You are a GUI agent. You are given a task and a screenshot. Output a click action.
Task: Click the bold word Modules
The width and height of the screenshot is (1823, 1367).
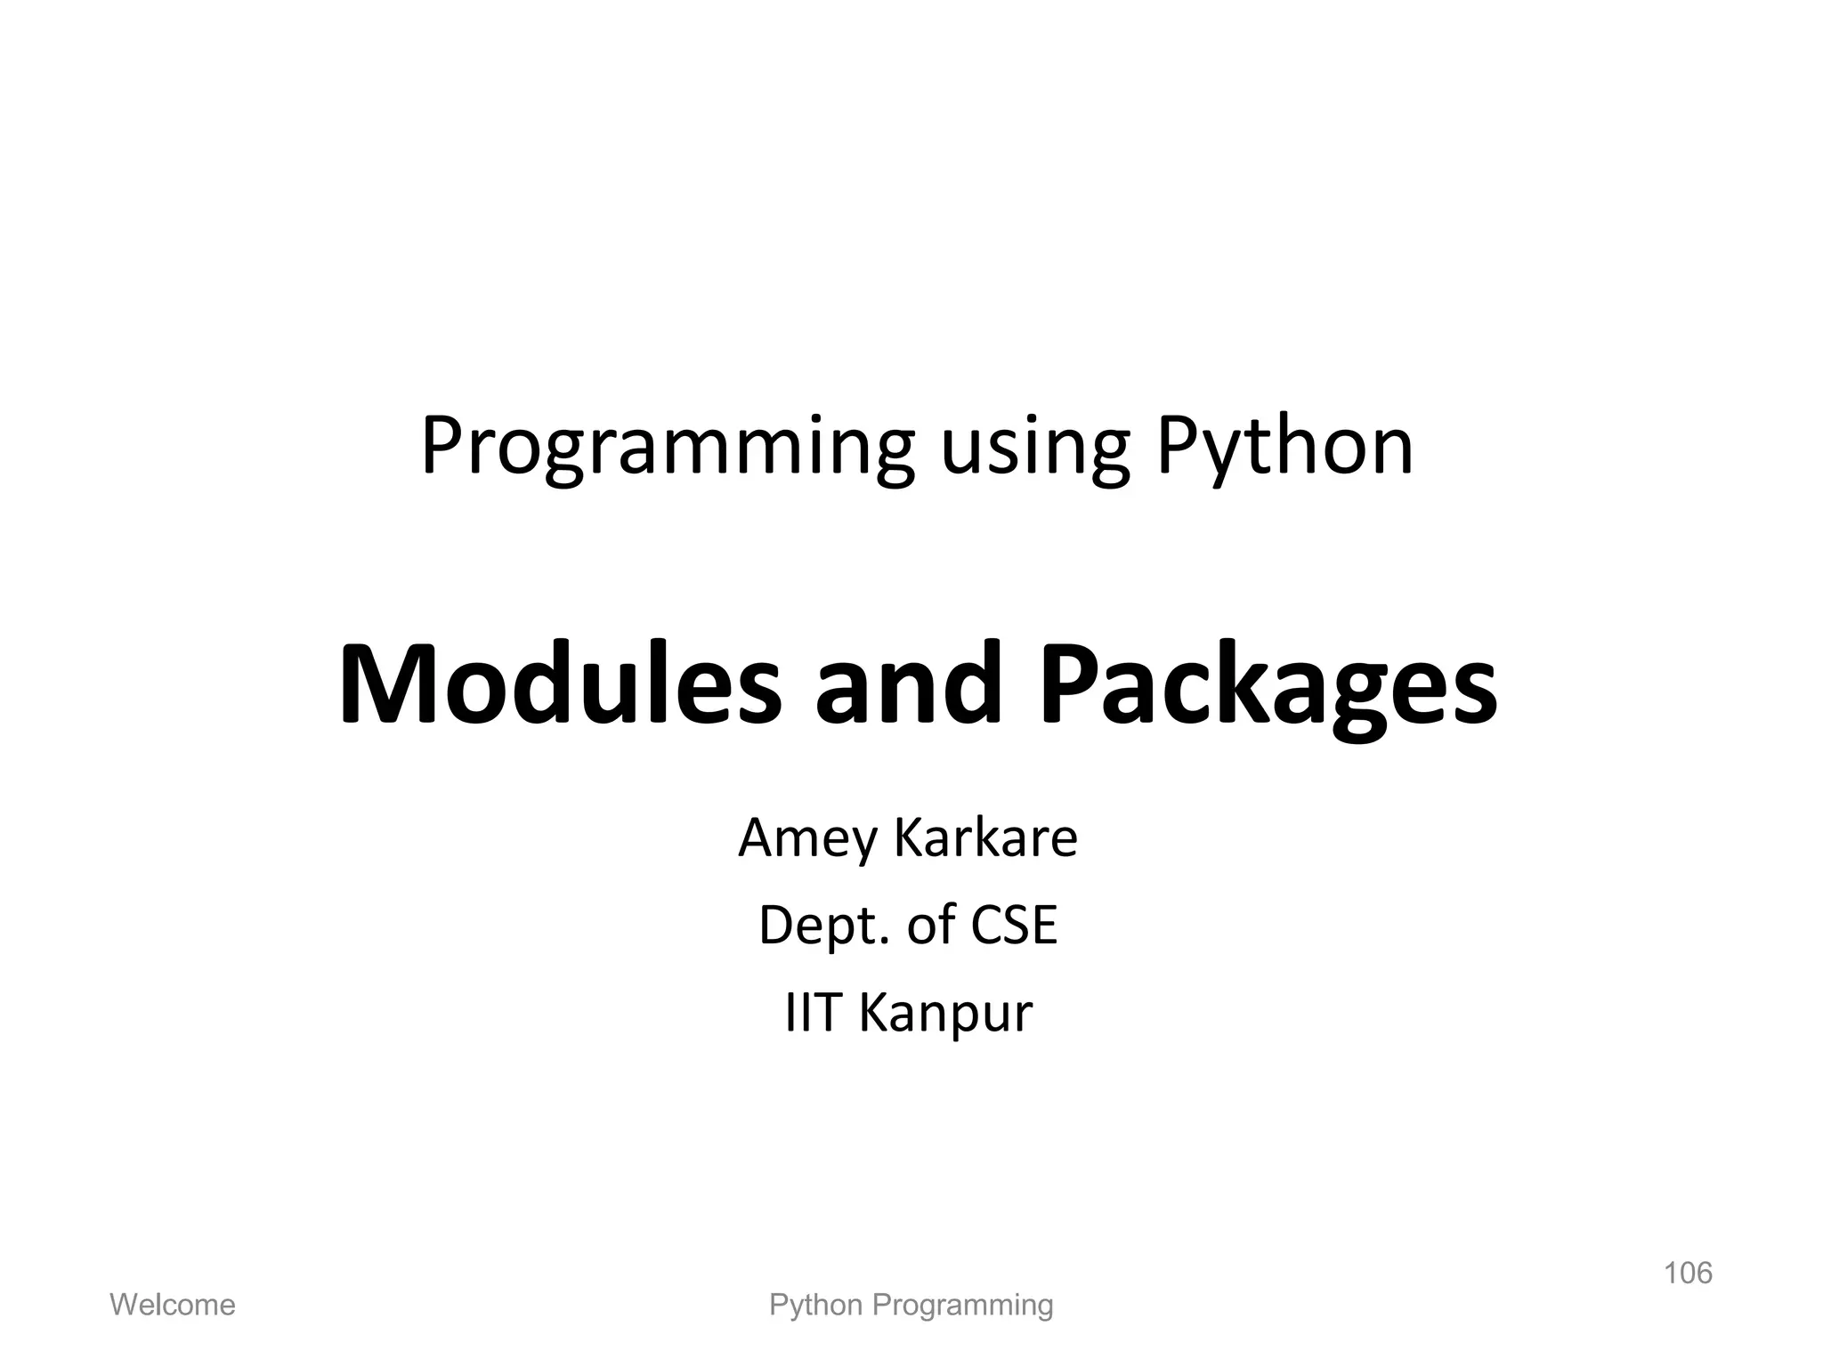pyautogui.click(x=560, y=683)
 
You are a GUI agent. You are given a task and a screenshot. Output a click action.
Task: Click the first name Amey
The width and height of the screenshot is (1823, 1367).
pyautogui.click(x=807, y=839)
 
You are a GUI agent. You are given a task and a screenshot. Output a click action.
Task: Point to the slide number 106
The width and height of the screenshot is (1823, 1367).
pyautogui.click(x=1688, y=1273)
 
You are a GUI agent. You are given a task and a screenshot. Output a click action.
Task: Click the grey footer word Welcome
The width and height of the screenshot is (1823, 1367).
pyautogui.click(x=172, y=1305)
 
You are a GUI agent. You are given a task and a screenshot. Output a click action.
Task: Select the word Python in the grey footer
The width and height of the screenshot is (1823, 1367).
pyautogui.click(x=815, y=1306)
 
